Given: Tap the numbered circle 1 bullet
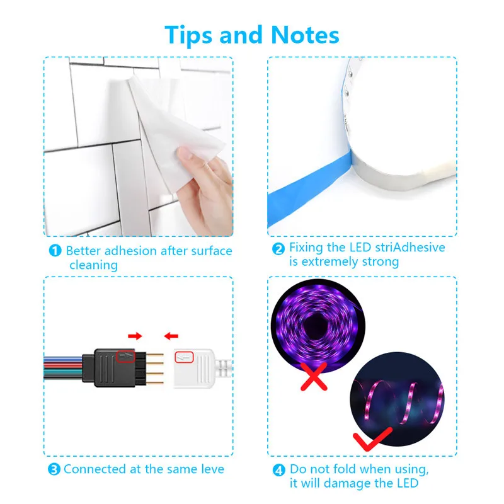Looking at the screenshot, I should [55, 251].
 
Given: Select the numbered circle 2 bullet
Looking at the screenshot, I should [278, 248].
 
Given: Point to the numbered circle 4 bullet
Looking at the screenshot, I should [278, 469].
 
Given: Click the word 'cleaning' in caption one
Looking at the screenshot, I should [93, 265].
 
